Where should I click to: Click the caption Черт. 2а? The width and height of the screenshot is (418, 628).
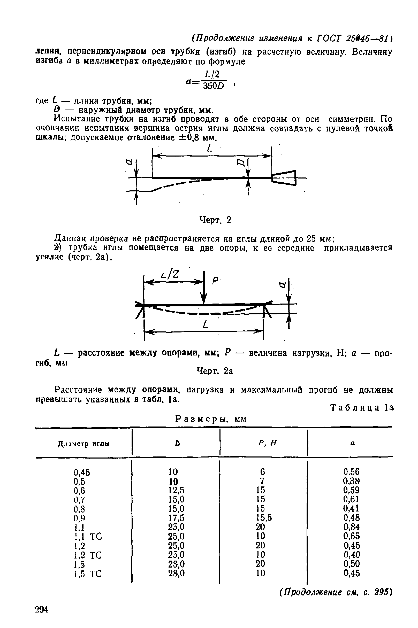pos(215,371)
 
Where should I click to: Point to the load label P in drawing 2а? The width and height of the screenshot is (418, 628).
pos(215,281)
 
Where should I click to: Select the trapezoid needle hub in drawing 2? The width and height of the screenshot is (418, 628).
pos(284,178)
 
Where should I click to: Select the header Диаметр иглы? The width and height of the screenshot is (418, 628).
pos(84,444)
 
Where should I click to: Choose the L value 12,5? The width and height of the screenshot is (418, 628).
pos(176,489)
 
